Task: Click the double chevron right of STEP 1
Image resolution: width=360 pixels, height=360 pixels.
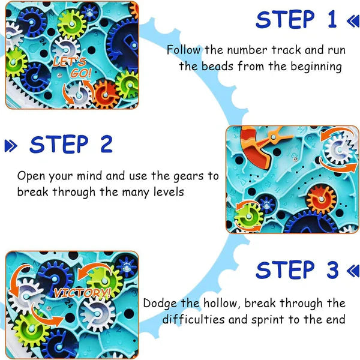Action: click(352, 22)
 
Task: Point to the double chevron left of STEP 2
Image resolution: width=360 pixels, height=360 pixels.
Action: click(11, 145)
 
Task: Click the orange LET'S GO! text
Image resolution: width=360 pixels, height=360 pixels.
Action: click(71, 68)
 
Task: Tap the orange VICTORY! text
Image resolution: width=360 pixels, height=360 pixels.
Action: click(82, 293)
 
